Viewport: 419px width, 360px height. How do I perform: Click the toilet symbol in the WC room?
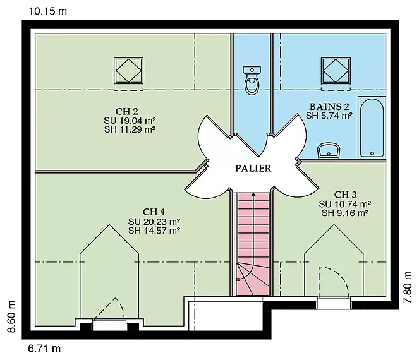click(252, 80)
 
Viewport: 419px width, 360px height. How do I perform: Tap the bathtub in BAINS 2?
click(372, 128)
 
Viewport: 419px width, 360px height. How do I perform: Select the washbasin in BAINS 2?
click(329, 151)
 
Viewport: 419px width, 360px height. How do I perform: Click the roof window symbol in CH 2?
click(128, 71)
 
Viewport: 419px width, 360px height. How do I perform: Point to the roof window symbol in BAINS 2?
click(336, 71)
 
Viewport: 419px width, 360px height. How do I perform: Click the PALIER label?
click(253, 168)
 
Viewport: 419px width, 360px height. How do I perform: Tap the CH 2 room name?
click(126, 111)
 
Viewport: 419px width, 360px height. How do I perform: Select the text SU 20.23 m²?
click(154, 222)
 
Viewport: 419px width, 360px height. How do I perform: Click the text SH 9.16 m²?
click(345, 213)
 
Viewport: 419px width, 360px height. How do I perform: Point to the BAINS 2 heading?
click(329, 107)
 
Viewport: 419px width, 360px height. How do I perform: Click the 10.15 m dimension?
click(47, 11)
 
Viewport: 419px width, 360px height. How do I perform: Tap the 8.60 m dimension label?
click(11, 316)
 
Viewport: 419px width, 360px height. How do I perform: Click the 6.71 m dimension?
click(44, 349)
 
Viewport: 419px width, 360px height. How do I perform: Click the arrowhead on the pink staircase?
click(253, 195)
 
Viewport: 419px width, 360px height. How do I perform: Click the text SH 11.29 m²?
click(130, 129)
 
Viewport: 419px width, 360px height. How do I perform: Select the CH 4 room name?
click(154, 212)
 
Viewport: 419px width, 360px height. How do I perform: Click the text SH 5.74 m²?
click(329, 116)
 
